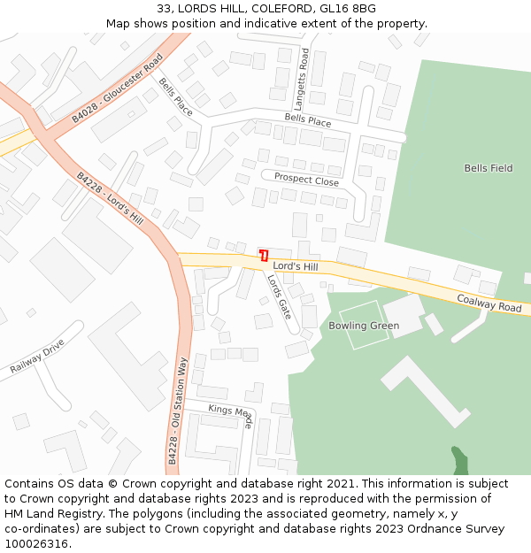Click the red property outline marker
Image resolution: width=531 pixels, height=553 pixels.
(x=264, y=256)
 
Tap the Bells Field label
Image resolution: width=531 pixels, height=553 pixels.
(x=488, y=168)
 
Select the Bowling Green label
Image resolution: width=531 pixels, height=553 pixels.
(x=364, y=326)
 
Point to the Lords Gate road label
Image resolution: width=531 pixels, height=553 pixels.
(x=279, y=296)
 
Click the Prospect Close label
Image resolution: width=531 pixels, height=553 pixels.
(x=306, y=180)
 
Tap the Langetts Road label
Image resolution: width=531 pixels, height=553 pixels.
(x=303, y=71)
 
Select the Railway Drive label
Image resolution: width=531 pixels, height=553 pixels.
(x=38, y=356)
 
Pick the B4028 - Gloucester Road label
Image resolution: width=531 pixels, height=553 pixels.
(x=118, y=87)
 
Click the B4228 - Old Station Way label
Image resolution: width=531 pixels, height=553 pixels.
(x=178, y=411)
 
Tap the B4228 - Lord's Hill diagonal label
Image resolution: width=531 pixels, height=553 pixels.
(x=110, y=199)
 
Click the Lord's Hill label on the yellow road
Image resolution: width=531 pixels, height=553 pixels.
(x=295, y=266)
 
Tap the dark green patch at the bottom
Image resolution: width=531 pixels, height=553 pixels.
(x=459, y=460)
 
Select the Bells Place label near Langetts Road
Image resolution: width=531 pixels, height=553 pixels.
(x=307, y=120)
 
